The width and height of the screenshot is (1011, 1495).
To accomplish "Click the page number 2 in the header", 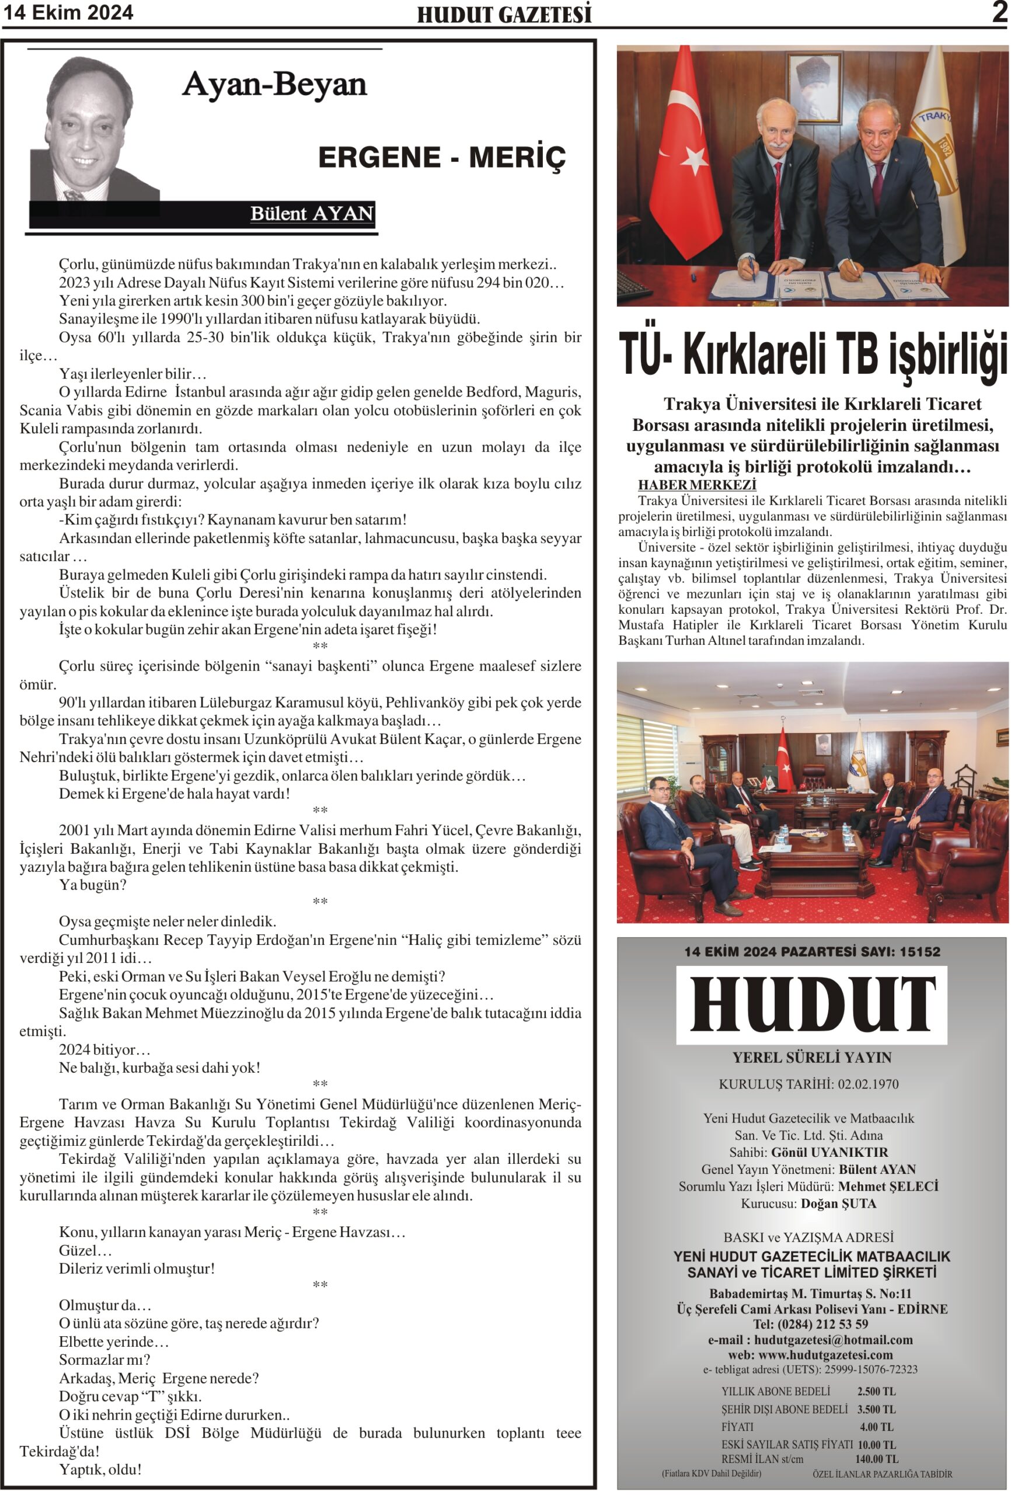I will [x=999, y=12].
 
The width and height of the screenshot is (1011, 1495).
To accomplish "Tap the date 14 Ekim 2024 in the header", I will [x=68, y=12].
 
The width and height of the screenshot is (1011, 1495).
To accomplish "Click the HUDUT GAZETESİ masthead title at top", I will [x=504, y=14].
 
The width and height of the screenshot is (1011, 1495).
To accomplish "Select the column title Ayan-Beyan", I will [x=274, y=84].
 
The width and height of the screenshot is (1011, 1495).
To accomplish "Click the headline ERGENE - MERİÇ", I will [x=442, y=158].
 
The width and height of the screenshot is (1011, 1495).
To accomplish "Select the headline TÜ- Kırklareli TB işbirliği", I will [x=813, y=356].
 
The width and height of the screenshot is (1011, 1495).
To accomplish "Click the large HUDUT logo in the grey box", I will [x=811, y=1006].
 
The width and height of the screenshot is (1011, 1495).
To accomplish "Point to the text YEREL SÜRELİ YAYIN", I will [x=811, y=1058].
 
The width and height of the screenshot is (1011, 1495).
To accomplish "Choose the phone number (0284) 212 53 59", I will [x=827, y=1324].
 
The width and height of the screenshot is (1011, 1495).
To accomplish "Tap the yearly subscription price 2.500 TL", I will [x=876, y=1392].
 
